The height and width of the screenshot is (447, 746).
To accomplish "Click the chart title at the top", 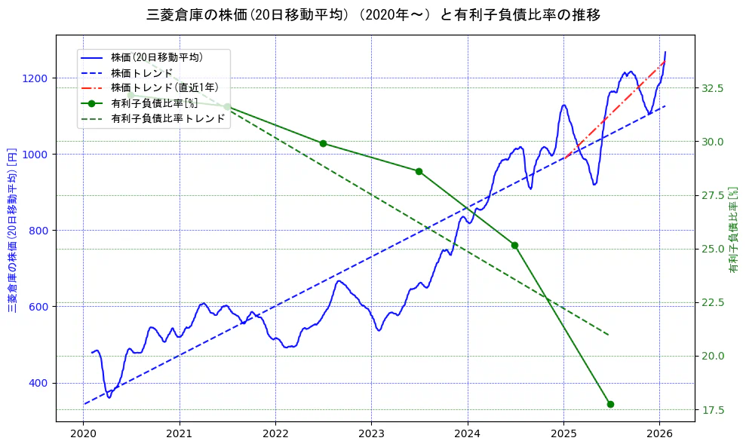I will pyautogui.click(x=373, y=14).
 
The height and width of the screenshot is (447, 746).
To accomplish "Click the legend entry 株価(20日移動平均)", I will pyautogui.click(x=156, y=57).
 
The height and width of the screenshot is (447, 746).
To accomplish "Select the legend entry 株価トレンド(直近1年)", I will pyautogui.click(x=164, y=87).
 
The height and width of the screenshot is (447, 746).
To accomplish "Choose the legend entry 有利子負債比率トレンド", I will pyautogui.click(x=167, y=118).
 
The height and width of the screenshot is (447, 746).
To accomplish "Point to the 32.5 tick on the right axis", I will pyautogui.click(x=714, y=88).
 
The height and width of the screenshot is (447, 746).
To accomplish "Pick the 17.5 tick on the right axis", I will pyautogui.click(x=714, y=410).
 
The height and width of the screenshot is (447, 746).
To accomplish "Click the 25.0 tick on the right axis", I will pyautogui.click(x=714, y=249).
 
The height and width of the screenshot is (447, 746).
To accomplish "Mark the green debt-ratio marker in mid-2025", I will pyautogui.click(x=610, y=404).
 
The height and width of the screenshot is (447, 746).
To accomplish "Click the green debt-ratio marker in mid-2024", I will pyautogui.click(x=514, y=245).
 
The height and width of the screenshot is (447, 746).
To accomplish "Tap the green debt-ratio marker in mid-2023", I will pyautogui.click(x=419, y=171).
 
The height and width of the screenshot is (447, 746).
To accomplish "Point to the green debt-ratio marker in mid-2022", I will pyautogui.click(x=323, y=143).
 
